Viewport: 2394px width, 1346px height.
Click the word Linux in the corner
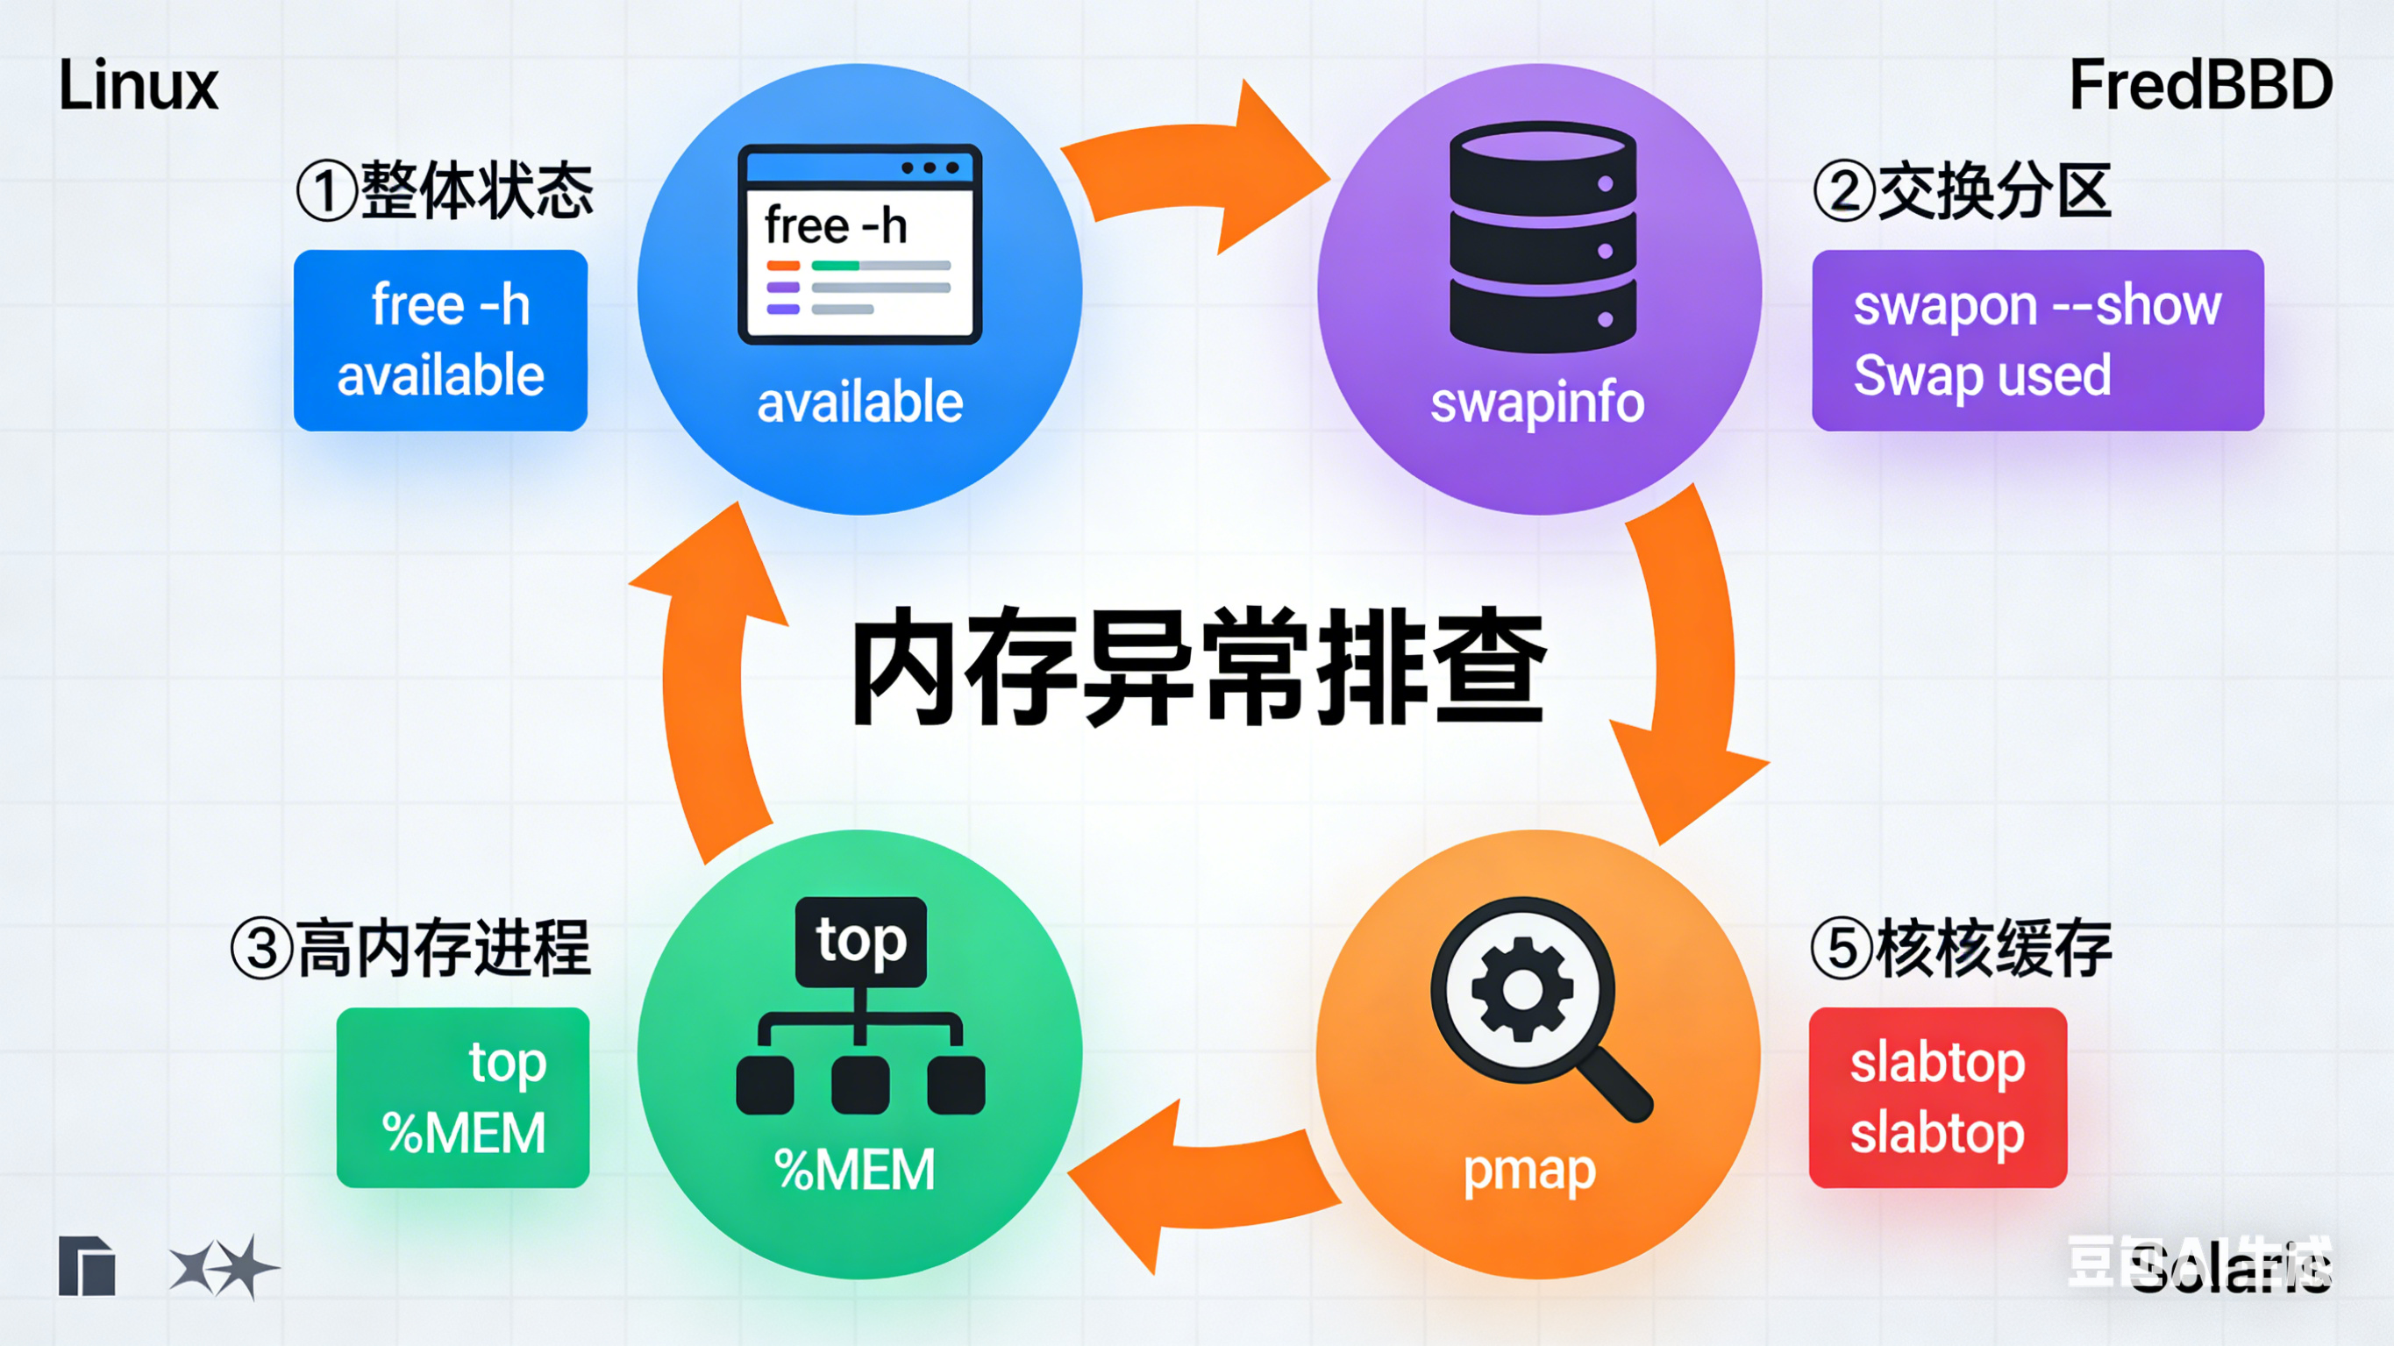pos(139,86)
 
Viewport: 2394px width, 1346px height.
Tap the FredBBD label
pos(2200,86)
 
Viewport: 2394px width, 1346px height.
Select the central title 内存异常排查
pos(1199,667)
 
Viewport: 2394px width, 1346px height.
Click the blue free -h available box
pos(440,340)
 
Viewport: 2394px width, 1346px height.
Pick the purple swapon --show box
pos(2037,340)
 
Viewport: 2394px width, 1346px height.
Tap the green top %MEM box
pos(463,1098)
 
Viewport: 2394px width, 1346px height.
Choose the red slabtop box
pos(1938,1098)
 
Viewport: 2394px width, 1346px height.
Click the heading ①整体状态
pos(445,191)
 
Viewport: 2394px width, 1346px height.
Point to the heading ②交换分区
pos(1962,191)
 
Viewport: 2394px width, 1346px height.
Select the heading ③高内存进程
pos(410,949)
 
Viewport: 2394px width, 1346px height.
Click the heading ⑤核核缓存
pos(1961,949)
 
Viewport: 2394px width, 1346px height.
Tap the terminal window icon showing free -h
pos(859,245)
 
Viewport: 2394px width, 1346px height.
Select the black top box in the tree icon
pos(860,942)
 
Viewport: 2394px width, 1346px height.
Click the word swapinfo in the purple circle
pos(1537,403)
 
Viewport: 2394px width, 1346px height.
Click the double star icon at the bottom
pos(223,1267)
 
